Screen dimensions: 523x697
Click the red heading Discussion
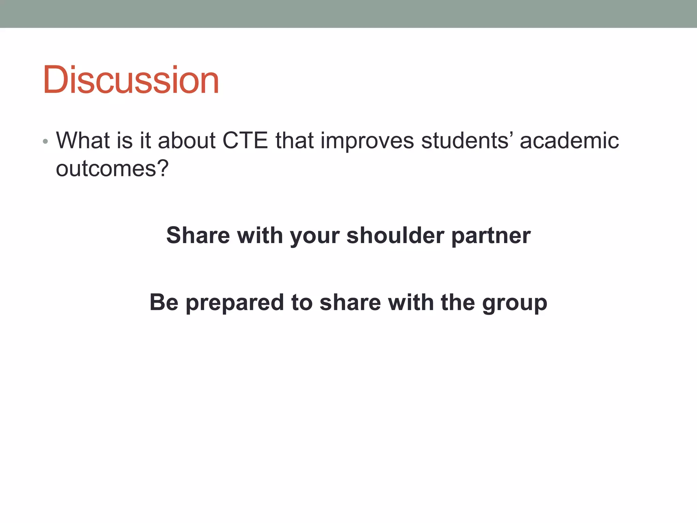(x=131, y=80)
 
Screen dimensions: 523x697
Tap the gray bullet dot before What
(x=45, y=141)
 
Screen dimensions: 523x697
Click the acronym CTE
(x=245, y=140)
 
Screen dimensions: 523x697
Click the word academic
(x=569, y=140)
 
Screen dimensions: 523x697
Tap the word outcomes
(x=106, y=168)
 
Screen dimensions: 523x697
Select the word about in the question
(x=187, y=140)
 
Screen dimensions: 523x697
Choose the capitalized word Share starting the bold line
(x=198, y=235)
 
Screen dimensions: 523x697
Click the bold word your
(x=314, y=236)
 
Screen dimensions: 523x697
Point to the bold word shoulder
(x=395, y=235)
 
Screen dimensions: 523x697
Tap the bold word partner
(x=491, y=236)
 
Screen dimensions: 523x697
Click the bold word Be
(x=164, y=302)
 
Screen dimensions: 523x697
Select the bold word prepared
(x=234, y=303)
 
